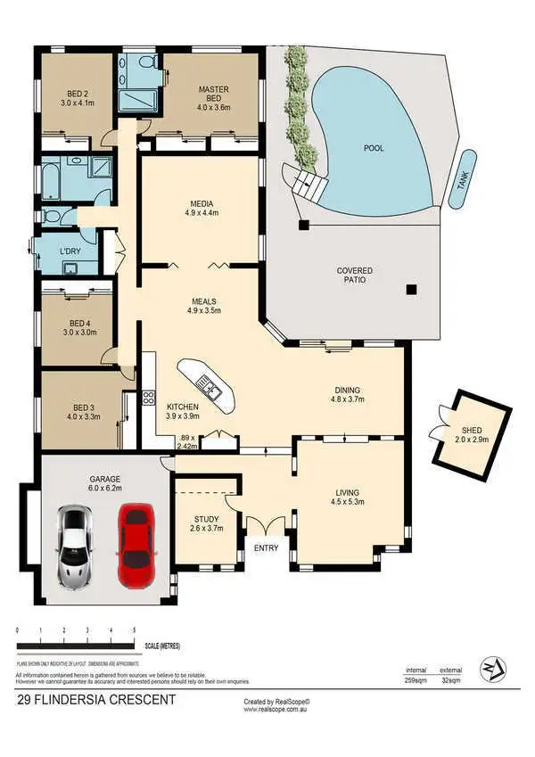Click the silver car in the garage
[x=76, y=547]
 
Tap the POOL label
[x=374, y=148]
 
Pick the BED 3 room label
[x=83, y=411]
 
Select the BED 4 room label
[x=82, y=328]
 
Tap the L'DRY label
[x=70, y=252]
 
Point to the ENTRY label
[x=267, y=547]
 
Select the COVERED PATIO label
[x=354, y=275]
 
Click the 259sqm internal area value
[x=416, y=679]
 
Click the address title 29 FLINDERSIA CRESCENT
[x=96, y=701]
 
